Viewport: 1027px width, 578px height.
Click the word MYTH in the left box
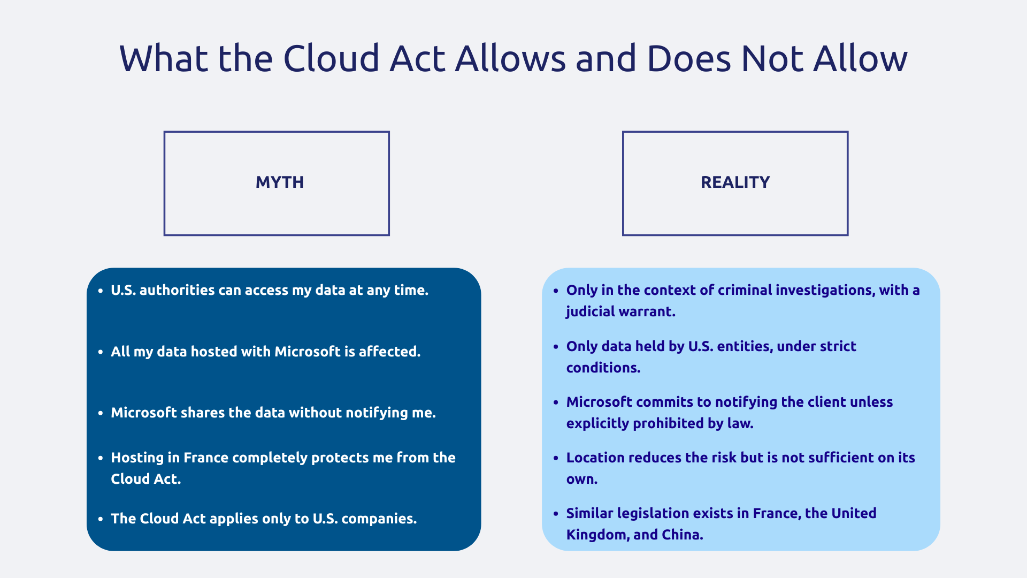pyautogui.click(x=279, y=182)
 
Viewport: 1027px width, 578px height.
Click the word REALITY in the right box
pyautogui.click(x=735, y=182)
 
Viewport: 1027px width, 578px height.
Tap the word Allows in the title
pyautogui.click(x=510, y=58)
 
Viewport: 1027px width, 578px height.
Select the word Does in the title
pyautogui.click(x=688, y=58)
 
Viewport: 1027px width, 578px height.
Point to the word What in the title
pyautogui.click(x=163, y=58)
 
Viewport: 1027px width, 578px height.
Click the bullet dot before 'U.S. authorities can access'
pyautogui.click(x=101, y=291)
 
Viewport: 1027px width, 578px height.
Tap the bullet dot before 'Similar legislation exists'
pyautogui.click(x=556, y=514)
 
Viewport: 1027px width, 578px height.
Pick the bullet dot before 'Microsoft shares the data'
pyautogui.click(x=101, y=413)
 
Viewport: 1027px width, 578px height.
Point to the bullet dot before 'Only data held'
pyautogui.click(x=556, y=347)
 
